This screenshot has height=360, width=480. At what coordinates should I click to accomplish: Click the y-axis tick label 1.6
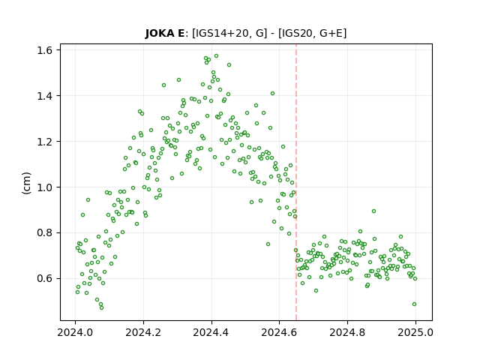(45, 50)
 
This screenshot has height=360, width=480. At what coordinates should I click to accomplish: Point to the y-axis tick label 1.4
(45, 96)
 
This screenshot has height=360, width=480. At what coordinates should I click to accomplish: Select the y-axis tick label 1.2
(45, 142)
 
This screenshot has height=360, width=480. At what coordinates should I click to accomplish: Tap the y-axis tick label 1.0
(45, 187)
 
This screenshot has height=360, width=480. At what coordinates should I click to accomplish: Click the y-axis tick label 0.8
(45, 233)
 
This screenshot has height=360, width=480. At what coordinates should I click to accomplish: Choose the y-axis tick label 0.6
(45, 278)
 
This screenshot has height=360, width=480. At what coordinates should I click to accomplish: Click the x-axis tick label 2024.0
(75, 332)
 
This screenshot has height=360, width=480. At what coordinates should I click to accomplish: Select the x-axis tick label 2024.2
(143, 332)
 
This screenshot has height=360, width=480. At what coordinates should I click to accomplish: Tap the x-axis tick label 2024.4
(211, 332)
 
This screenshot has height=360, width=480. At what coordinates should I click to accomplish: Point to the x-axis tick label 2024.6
(279, 332)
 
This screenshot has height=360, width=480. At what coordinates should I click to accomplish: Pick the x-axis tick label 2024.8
(347, 332)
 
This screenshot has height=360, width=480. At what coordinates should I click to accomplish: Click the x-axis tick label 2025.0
(415, 332)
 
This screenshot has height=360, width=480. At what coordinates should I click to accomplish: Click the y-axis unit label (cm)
(27, 183)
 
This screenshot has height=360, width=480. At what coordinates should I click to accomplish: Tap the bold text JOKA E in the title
(165, 33)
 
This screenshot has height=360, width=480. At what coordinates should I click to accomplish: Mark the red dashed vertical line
(296, 182)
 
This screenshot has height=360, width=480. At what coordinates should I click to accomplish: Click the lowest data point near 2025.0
(415, 304)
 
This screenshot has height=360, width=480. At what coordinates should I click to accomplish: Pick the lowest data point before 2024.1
(102, 307)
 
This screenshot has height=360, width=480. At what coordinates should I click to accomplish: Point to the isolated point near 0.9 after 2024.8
(373, 211)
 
